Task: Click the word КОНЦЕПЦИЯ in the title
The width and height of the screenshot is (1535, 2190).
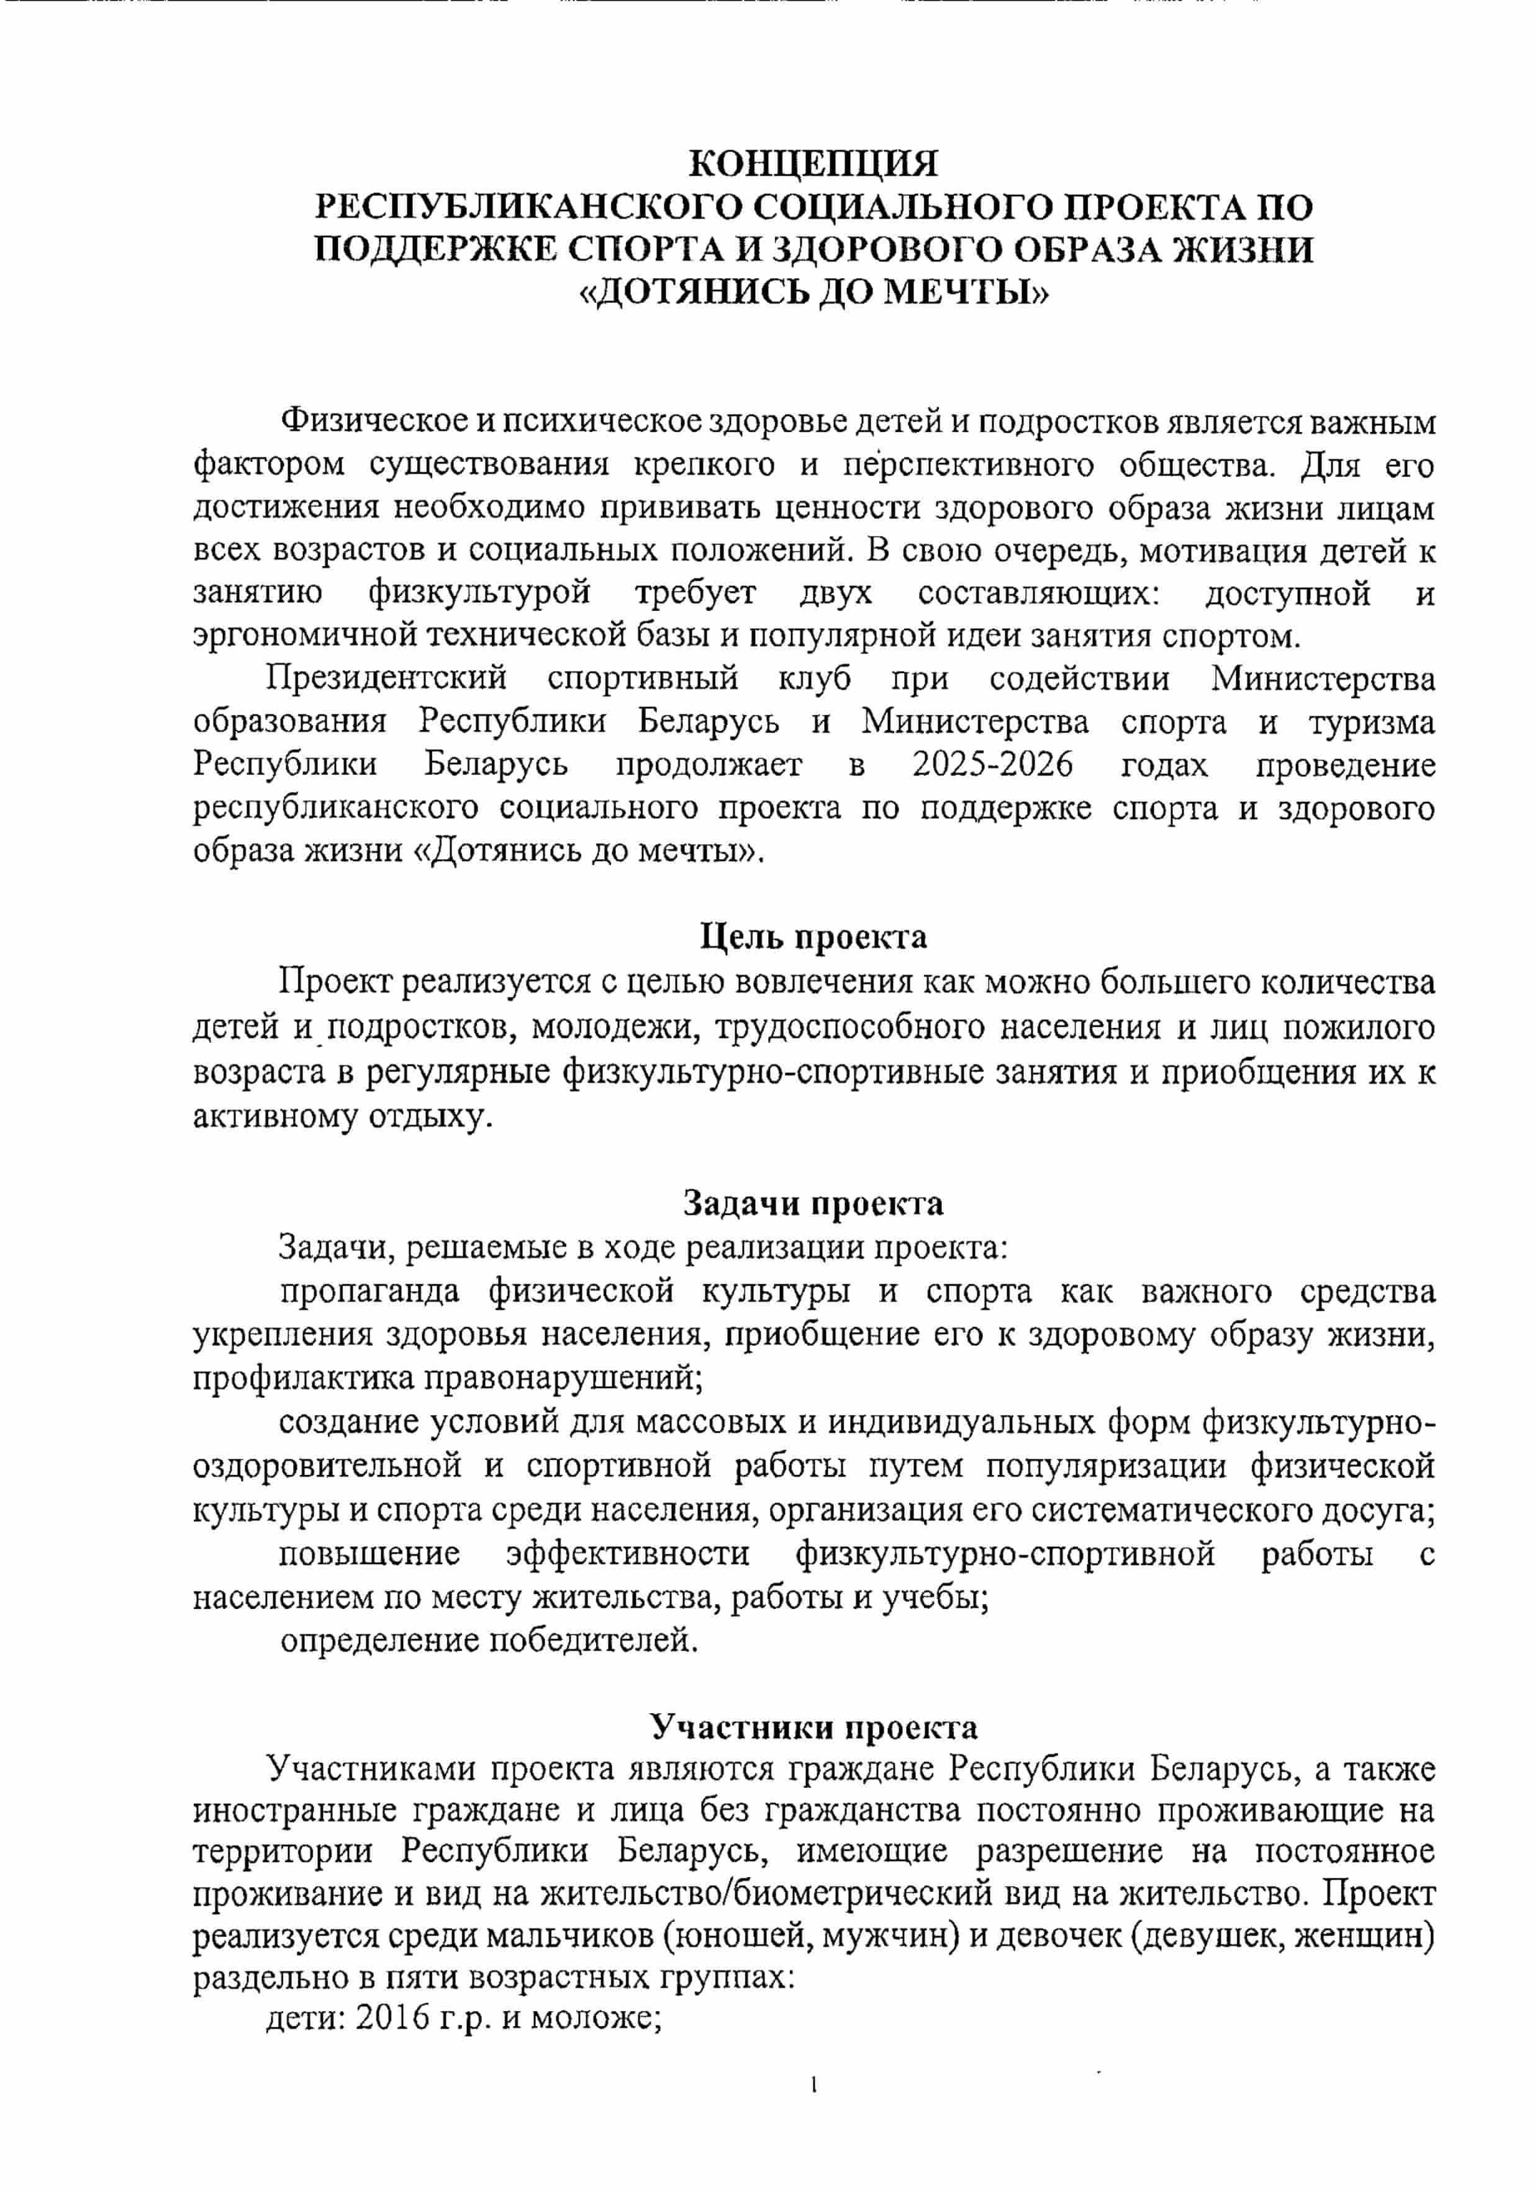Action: tap(813, 164)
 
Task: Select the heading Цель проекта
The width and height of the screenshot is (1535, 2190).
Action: tap(813, 937)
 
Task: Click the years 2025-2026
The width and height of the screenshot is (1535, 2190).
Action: tap(992, 765)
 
